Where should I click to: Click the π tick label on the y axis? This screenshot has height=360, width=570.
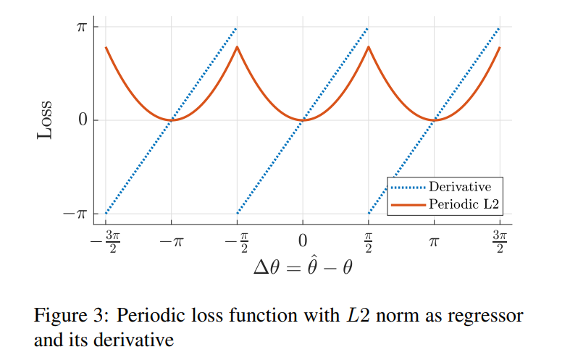[82, 27]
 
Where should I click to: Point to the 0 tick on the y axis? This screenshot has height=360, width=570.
[83, 120]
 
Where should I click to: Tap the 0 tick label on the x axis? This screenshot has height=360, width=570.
[303, 240]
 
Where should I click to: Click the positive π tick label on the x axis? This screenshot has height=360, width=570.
[435, 240]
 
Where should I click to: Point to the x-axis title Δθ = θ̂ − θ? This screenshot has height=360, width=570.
[303, 267]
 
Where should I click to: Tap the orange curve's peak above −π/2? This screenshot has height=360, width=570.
[237, 48]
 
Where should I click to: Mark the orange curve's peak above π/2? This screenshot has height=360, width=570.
[369, 48]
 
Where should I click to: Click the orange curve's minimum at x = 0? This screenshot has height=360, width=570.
[303, 120]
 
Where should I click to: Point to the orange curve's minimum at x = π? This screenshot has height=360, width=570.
[435, 120]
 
